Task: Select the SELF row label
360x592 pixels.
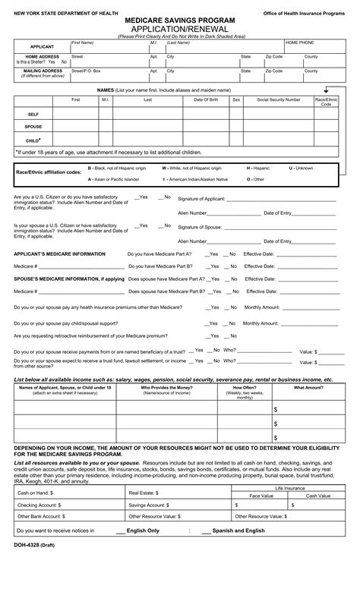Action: click(x=33, y=113)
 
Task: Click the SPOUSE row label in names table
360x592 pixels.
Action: click(x=33, y=127)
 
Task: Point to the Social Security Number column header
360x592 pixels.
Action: click(x=278, y=99)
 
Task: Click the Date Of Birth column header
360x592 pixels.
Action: click(x=207, y=99)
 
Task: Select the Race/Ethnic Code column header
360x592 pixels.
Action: click(x=326, y=102)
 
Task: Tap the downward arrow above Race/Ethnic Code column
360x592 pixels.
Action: click(x=326, y=90)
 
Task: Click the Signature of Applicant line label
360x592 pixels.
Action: click(x=201, y=198)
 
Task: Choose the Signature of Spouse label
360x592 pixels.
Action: click(x=200, y=227)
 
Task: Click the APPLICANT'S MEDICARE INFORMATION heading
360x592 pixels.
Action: click(x=60, y=253)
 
